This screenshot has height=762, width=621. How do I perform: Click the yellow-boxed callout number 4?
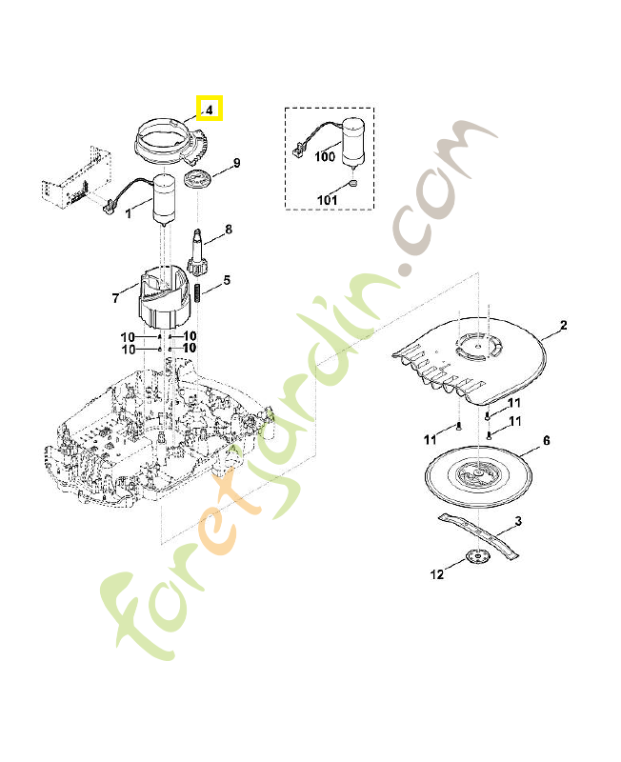(x=209, y=110)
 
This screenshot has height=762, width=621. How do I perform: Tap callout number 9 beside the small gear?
(x=236, y=163)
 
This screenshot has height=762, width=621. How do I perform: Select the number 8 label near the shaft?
(x=229, y=230)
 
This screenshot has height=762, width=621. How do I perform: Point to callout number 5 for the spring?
(x=227, y=280)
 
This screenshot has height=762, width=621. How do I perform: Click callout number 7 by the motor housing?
(x=115, y=298)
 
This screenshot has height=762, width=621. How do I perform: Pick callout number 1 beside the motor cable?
(x=129, y=213)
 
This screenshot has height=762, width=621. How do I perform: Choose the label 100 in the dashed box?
(x=325, y=156)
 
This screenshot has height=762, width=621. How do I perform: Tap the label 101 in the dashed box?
(x=327, y=199)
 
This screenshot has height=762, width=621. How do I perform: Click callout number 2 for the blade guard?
(x=563, y=326)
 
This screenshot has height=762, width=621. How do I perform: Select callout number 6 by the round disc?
(x=547, y=440)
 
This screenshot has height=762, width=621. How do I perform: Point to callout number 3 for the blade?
(x=517, y=520)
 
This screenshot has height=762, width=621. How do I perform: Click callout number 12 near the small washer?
(x=437, y=574)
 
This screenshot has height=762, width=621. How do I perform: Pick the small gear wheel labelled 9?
(x=199, y=180)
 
